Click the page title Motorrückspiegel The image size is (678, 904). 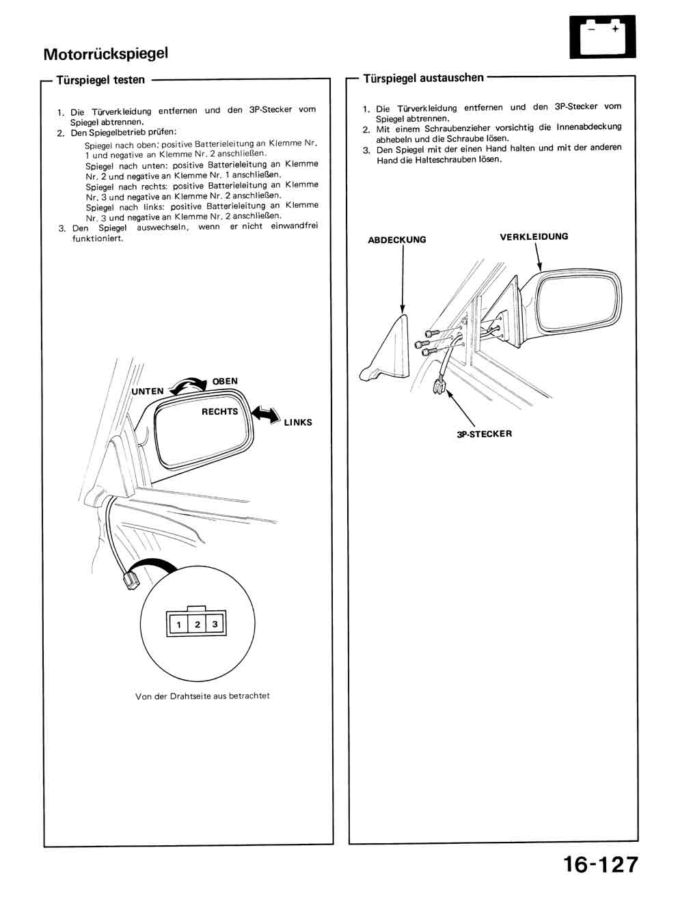pos(105,53)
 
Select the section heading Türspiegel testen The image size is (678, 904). pos(100,80)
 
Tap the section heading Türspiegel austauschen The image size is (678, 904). pos(423,78)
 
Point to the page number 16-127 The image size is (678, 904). pos(601,864)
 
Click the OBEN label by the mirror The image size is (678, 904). pos(225,381)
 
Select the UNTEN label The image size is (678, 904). pos(148,392)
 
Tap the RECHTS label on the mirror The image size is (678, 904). pos(219,412)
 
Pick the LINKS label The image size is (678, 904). pos(298,422)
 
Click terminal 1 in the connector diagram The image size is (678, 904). pos(179,625)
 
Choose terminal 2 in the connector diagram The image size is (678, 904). pos(197,625)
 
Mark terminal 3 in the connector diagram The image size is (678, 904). pos(215,625)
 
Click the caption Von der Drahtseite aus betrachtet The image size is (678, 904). pos(202,696)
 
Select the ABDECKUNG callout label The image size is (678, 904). pos(396,240)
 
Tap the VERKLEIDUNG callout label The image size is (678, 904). pos(534,237)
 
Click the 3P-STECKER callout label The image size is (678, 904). pos(484,434)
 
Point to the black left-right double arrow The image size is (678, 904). pos(265,414)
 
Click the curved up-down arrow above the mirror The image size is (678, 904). pos(188,385)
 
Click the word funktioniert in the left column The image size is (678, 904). pos(98,238)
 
